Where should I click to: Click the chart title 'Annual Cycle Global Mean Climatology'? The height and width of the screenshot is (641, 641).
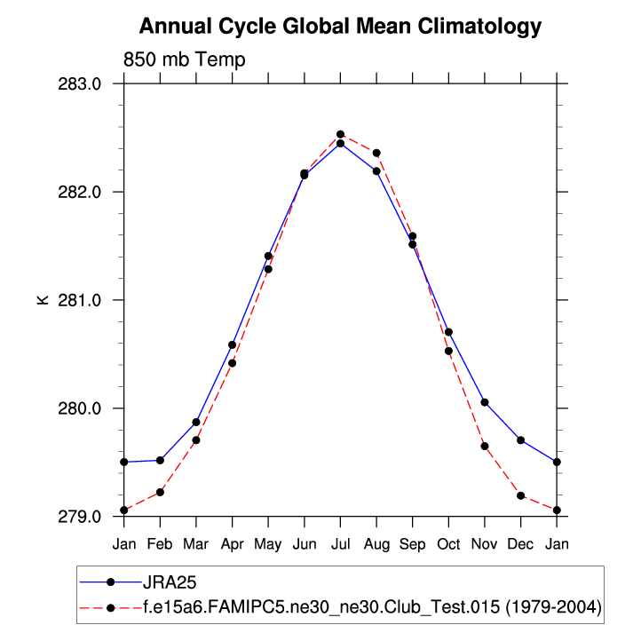pyautogui.click(x=340, y=27)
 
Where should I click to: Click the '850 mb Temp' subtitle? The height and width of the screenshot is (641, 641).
pyautogui.click(x=185, y=59)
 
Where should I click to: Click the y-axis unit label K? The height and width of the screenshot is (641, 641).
pyautogui.click(x=42, y=300)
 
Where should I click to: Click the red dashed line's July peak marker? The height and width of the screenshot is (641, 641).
pyautogui.click(x=340, y=135)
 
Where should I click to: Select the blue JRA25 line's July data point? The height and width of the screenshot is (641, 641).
pyautogui.click(x=340, y=144)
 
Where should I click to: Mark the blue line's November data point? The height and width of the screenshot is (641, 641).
pyautogui.click(x=485, y=402)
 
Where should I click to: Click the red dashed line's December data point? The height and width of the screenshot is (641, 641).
pyautogui.click(x=520, y=495)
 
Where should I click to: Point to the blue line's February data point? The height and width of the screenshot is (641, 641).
pyautogui.click(x=160, y=460)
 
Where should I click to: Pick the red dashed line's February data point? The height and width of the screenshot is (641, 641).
pyautogui.click(x=160, y=492)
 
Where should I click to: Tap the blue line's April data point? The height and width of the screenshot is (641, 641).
pyautogui.click(x=232, y=344)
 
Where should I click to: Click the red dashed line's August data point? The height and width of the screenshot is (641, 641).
pyautogui.click(x=376, y=153)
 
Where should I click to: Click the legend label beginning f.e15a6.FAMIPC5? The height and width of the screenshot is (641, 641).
pyautogui.click(x=372, y=607)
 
